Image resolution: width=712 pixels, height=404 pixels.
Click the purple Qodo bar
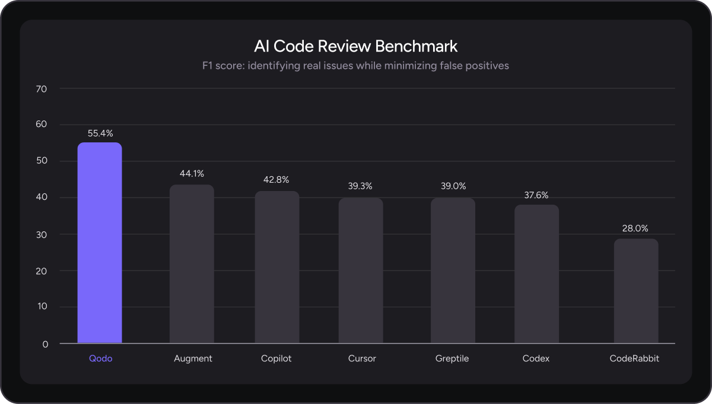pyautogui.click(x=100, y=243)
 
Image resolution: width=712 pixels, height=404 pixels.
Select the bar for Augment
pyautogui.click(x=192, y=264)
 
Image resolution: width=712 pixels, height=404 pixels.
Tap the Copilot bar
pyautogui.click(x=277, y=267)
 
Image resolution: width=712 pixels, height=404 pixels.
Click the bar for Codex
pyautogui.click(x=536, y=274)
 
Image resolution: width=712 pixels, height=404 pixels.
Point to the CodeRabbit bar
pyautogui.click(x=636, y=291)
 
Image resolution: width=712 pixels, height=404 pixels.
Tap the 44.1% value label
pyautogui.click(x=192, y=174)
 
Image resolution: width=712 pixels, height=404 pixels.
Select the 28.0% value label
pyautogui.click(x=636, y=228)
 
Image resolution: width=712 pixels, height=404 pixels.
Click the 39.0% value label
pyautogui.click(x=453, y=186)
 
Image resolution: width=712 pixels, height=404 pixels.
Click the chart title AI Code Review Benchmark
pyautogui.click(x=356, y=46)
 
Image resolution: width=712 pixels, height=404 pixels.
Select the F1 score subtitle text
pyautogui.click(x=356, y=66)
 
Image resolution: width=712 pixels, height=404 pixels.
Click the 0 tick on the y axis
pyautogui.click(x=46, y=344)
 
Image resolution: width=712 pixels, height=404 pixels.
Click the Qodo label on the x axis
pyautogui.click(x=100, y=359)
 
